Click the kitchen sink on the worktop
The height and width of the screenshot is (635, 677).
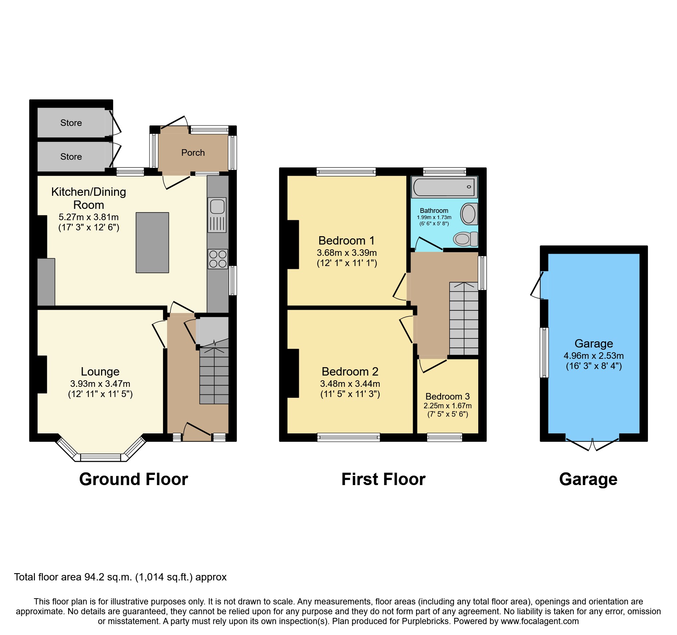coord(217,214)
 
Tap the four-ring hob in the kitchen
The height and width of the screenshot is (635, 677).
coord(218,259)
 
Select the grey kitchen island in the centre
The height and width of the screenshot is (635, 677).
coord(152,242)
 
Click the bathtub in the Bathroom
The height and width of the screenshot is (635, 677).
coord(444,187)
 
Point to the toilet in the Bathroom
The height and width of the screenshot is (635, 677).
coord(465,239)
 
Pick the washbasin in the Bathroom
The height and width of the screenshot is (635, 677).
coord(469,214)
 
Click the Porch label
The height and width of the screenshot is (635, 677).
coord(193,153)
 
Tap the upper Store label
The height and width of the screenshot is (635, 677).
coord(71,123)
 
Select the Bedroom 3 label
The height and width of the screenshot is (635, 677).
coord(447,396)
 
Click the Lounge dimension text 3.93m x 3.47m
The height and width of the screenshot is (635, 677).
coord(100,384)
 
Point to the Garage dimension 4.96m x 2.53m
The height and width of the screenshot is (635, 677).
coord(593,356)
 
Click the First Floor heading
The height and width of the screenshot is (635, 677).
coord(383,479)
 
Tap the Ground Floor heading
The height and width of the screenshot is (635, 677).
coord(134,479)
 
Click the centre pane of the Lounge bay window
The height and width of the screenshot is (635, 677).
coord(100,457)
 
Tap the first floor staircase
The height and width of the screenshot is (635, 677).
coord(464,318)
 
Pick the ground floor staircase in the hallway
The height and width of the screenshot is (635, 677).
coord(214,375)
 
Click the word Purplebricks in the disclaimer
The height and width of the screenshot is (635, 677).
coord(425,621)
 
